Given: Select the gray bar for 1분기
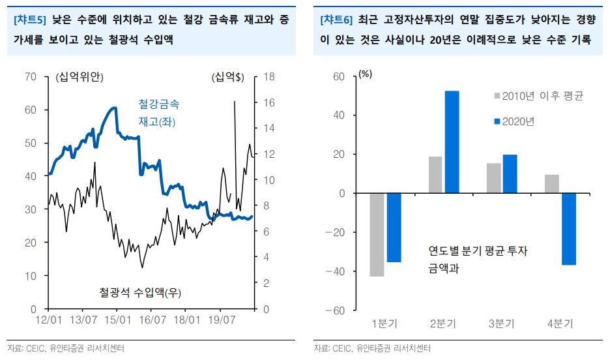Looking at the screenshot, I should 377,235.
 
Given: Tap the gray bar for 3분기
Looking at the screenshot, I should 494,178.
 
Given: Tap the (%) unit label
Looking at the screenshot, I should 365,74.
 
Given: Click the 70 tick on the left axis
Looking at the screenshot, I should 31,77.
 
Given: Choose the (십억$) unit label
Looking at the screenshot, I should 227,78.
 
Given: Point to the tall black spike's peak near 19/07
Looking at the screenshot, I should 235,102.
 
